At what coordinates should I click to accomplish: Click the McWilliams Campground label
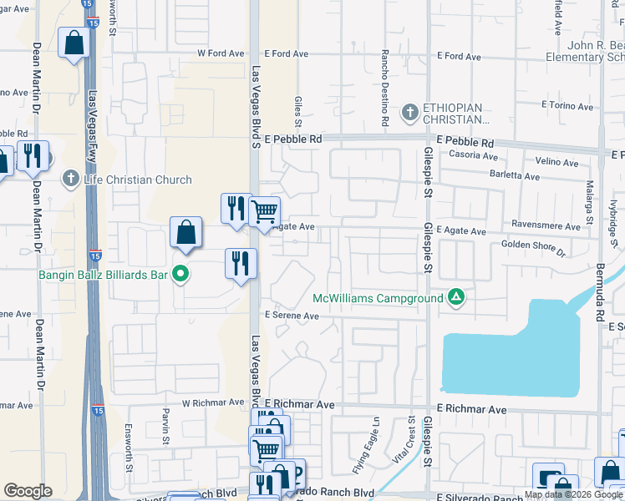(x=377, y=298)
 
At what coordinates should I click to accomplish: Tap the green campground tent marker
(x=456, y=296)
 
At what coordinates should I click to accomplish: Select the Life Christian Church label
(x=138, y=180)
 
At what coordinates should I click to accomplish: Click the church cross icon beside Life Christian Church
(x=71, y=179)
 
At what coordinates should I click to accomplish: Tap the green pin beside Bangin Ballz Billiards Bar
(x=180, y=273)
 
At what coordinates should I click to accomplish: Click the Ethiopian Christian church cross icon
(x=409, y=111)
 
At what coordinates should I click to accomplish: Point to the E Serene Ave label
(x=292, y=316)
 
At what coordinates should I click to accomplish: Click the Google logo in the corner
(x=28, y=491)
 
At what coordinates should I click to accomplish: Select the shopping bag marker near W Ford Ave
(x=74, y=44)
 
